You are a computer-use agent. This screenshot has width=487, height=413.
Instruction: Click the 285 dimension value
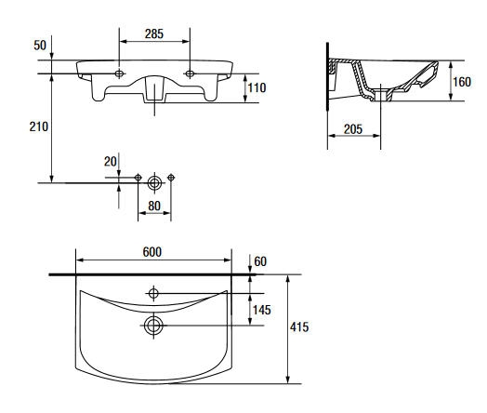tap(154, 33)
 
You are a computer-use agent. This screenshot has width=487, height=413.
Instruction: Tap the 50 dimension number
tap(40, 46)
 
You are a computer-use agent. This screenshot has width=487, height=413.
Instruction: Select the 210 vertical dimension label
tap(39, 127)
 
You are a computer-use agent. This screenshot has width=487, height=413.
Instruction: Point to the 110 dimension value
tap(257, 88)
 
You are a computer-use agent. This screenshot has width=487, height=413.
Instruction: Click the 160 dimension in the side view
tap(462, 82)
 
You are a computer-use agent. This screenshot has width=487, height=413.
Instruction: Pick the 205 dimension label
tap(353, 129)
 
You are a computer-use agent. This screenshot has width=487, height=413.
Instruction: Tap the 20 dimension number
tap(111, 162)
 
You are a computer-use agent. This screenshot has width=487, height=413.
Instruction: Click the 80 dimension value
tap(154, 206)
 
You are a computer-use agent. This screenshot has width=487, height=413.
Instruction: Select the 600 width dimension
tap(152, 252)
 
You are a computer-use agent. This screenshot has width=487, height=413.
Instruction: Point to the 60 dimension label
tap(260, 261)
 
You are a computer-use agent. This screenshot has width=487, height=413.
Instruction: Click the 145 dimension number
tap(262, 310)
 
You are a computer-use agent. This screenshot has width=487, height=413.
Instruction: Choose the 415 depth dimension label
tap(299, 326)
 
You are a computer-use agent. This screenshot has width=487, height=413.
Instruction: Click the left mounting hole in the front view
tap(119, 73)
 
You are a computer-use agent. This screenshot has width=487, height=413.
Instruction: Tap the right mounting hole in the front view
tap(190, 73)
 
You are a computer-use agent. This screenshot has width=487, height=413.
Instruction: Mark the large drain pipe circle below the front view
tap(154, 183)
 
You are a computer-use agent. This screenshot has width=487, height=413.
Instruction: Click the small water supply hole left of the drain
tap(138, 178)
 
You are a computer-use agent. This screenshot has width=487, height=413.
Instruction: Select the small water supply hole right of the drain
tap(171, 178)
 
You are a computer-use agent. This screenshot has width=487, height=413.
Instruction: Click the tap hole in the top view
tap(153, 293)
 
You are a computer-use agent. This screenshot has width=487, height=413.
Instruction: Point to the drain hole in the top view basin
tap(153, 326)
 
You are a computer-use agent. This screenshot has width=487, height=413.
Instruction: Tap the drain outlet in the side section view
tap(381, 95)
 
